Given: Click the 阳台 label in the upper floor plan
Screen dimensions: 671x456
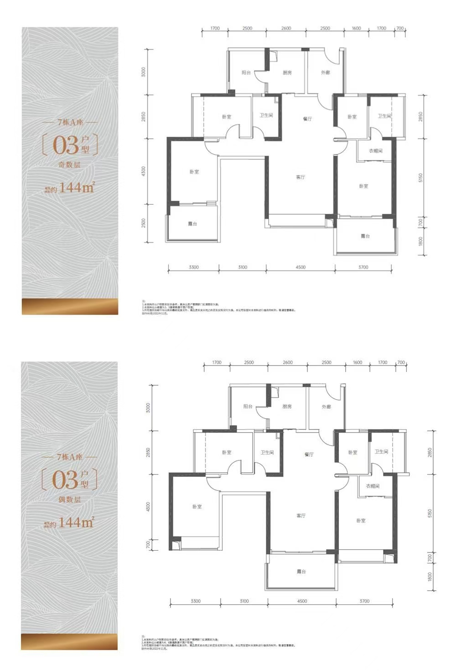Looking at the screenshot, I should [246, 73].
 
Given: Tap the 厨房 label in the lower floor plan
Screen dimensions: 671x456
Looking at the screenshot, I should [287, 407].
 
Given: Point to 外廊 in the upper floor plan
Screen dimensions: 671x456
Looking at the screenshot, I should [325, 73].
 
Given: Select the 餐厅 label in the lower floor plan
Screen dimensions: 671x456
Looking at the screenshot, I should [309, 454].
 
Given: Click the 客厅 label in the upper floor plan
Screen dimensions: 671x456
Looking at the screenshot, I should [300, 177].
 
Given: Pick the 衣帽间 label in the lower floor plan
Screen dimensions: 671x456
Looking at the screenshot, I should [373, 486].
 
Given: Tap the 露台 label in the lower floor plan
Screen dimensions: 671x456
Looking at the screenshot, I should [301, 572].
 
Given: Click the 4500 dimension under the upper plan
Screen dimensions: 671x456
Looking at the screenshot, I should [301, 267].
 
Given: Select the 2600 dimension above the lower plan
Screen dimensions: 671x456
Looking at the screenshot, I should [288, 362].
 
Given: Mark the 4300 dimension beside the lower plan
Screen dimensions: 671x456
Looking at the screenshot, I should [148, 507].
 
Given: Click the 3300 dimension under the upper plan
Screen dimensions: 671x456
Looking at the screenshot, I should [194, 267].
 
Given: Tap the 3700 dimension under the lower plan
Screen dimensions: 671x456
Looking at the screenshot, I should [364, 601].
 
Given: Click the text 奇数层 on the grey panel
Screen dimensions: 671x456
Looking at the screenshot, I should [70, 165].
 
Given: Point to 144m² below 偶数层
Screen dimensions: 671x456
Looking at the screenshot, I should [76, 522].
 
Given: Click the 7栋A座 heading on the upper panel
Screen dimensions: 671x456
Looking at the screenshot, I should [70, 123].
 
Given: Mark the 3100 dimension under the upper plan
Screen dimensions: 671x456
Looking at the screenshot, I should [243, 267].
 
